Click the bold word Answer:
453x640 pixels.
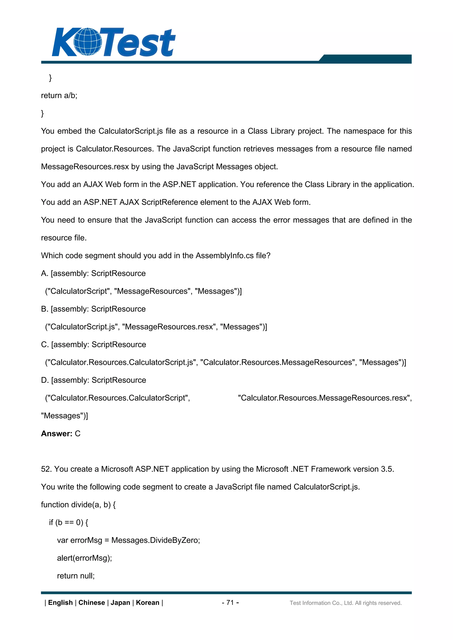57,433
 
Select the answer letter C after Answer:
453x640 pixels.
78,433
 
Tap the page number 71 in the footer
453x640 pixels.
230,602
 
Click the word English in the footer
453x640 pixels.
60,603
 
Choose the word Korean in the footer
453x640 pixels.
147,603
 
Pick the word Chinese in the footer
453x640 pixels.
92,603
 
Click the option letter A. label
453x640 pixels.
44,273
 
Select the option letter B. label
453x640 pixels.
44,309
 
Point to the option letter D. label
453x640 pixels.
45,380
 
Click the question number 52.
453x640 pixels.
46,469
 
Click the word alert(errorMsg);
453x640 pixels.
84,558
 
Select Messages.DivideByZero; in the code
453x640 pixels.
155,540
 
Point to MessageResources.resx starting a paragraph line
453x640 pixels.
85,167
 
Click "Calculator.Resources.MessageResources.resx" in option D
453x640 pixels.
324,398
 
